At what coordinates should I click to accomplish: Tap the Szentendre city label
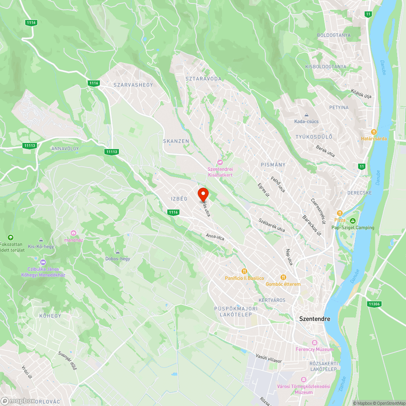(x=315, y=319)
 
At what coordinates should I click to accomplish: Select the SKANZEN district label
(x=176, y=141)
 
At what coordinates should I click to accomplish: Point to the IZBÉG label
(x=179, y=199)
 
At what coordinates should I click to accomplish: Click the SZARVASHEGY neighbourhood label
(x=127, y=84)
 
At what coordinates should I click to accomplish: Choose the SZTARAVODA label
(x=203, y=78)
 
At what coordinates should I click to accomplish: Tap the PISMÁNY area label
(x=273, y=165)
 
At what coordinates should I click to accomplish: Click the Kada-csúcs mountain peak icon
(x=307, y=115)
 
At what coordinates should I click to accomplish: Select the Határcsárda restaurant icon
(x=374, y=132)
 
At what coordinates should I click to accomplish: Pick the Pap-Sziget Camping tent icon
(x=353, y=221)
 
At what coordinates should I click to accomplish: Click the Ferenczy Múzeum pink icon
(x=313, y=343)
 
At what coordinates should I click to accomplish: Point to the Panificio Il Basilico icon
(x=244, y=271)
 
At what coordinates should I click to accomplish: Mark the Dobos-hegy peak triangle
(x=117, y=252)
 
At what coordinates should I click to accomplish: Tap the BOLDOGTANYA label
(x=334, y=35)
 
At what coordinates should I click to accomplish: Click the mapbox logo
(x=18, y=401)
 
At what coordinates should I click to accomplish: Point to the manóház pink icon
(x=73, y=233)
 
